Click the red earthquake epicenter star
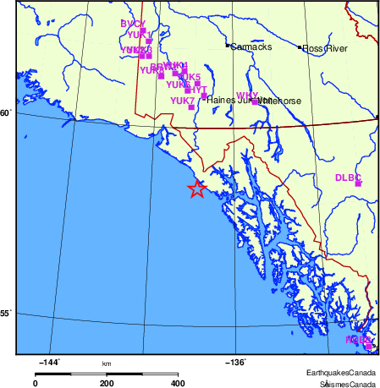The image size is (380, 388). pyautogui.click(x=196, y=189)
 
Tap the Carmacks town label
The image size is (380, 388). pyautogui.click(x=251, y=47)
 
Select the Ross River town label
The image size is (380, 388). pyautogui.click(x=326, y=48)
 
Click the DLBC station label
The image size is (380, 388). pyautogui.click(x=348, y=177)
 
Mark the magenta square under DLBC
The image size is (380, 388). pyautogui.click(x=358, y=183)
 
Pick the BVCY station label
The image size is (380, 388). pyautogui.click(x=133, y=24)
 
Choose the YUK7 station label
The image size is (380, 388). pyautogui.click(x=183, y=101)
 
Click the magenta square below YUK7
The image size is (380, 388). pyautogui.click(x=191, y=107)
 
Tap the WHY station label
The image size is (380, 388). pyautogui.click(x=247, y=96)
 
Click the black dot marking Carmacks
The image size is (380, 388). pyautogui.click(x=227, y=45)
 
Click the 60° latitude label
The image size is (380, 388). pyautogui.click(x=5, y=112)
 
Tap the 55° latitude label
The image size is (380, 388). pyautogui.click(x=5, y=314)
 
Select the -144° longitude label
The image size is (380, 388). pyautogui.click(x=49, y=363)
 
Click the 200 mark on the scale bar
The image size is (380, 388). pyautogui.click(x=107, y=383)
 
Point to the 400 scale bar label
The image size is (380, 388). pyautogui.click(x=178, y=383)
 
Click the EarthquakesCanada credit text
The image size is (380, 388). pyautogui.click(x=340, y=373)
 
